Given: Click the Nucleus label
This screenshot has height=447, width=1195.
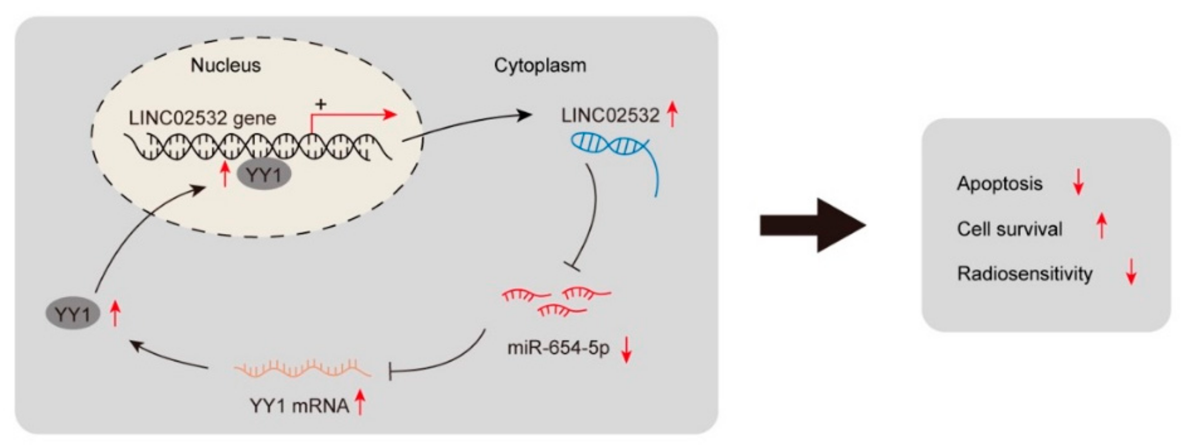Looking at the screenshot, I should click(x=225, y=65).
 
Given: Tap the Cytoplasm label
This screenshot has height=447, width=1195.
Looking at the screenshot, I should click(x=540, y=65).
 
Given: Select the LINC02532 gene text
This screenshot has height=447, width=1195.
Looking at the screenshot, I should click(x=202, y=118).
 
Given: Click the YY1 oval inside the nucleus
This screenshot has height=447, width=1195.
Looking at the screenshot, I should click(x=264, y=175).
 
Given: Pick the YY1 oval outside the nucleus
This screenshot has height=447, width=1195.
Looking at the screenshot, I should click(x=72, y=315).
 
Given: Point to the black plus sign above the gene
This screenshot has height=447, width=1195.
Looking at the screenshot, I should click(x=320, y=104).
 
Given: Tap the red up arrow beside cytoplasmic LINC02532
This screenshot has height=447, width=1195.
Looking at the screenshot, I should click(x=672, y=115).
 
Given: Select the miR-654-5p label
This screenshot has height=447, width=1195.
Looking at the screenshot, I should click(x=559, y=349).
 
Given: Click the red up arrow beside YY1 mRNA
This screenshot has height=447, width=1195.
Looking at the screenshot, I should click(x=360, y=403).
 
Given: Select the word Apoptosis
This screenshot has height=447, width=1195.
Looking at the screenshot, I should click(x=1000, y=183).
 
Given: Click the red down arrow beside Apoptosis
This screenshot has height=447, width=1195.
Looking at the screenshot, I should click(x=1078, y=182).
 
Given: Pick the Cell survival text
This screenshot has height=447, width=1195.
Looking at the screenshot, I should click(x=1009, y=229).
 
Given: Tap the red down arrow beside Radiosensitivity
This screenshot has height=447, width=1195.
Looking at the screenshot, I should click(x=1131, y=272).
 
